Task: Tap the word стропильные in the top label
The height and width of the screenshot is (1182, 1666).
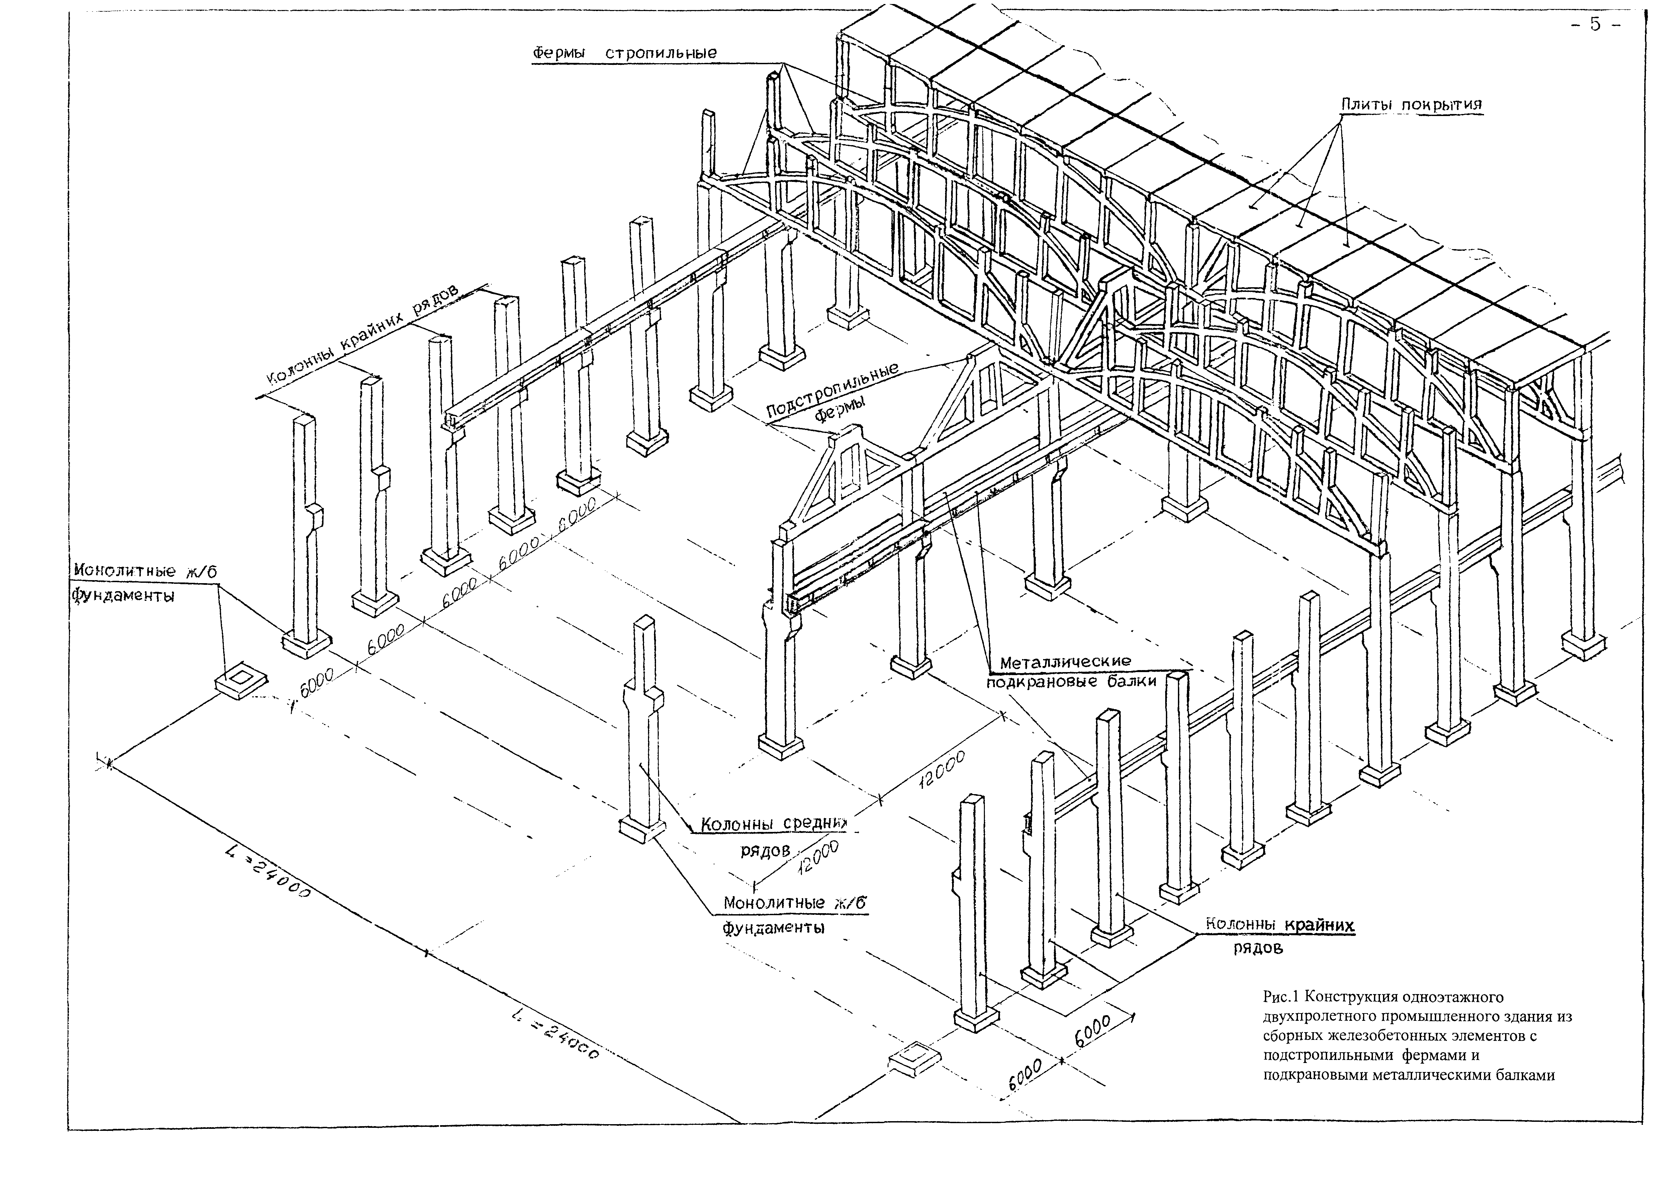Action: click(x=661, y=53)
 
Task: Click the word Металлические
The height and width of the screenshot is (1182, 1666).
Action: click(x=1066, y=662)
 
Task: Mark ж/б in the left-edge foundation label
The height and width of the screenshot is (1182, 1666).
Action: click(x=202, y=572)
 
